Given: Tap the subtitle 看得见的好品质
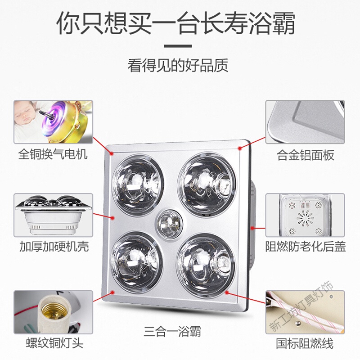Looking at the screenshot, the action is (178, 65).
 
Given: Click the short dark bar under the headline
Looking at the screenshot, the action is (178, 46).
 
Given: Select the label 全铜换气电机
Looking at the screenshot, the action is (53, 154).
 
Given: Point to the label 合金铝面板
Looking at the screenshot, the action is (306, 155).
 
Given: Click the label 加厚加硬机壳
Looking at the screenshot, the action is (54, 247).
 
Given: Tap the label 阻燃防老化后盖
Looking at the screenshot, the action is (306, 247).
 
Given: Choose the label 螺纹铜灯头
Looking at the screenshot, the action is (54, 343).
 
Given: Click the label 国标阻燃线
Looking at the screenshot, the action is (305, 344).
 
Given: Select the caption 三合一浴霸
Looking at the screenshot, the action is (172, 332).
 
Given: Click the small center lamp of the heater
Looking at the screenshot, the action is (170, 222).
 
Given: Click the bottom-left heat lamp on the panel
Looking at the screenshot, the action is (137, 259).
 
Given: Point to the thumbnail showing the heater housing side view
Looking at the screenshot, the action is (53, 215).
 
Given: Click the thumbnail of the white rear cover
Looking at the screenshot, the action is (306, 215).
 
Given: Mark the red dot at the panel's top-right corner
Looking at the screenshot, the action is (240, 148).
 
